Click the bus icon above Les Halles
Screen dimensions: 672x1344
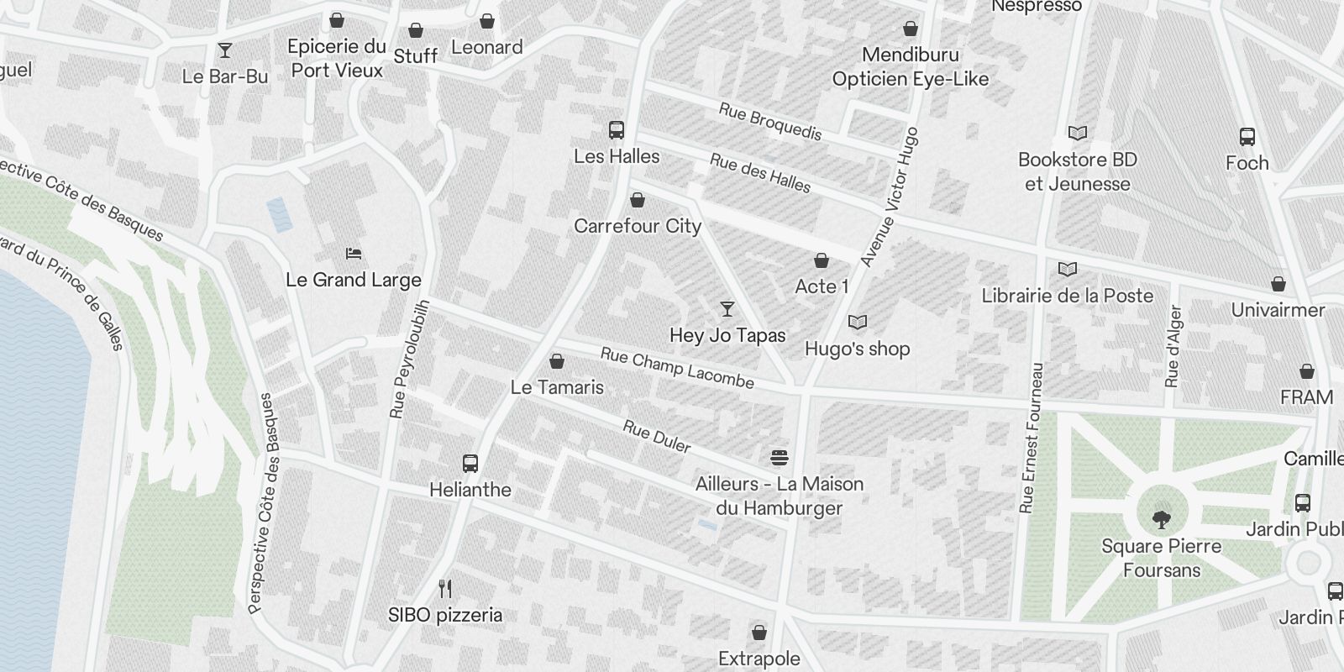617,130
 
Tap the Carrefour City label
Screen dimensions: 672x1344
638,226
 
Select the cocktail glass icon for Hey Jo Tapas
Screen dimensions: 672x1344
727,309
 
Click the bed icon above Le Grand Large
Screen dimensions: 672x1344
354,254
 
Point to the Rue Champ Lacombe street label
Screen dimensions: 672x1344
677,369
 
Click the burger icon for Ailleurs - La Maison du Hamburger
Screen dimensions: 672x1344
780,458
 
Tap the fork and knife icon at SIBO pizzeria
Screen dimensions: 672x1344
445,589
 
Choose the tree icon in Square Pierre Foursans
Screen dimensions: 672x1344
1162,519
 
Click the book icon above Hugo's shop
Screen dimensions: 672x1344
858,323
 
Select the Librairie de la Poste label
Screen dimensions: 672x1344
1068,296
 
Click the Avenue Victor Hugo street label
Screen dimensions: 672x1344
890,198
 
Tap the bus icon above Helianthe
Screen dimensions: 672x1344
470,463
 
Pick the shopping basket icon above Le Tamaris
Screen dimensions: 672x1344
556,362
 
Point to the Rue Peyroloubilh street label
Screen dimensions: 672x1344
410,359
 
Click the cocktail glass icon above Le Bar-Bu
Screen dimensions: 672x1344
225,50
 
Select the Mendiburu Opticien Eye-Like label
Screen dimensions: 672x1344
911,67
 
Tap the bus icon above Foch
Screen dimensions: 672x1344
1247,137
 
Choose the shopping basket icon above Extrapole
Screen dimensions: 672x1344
759,632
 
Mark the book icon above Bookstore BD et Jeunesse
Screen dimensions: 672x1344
1078,133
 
